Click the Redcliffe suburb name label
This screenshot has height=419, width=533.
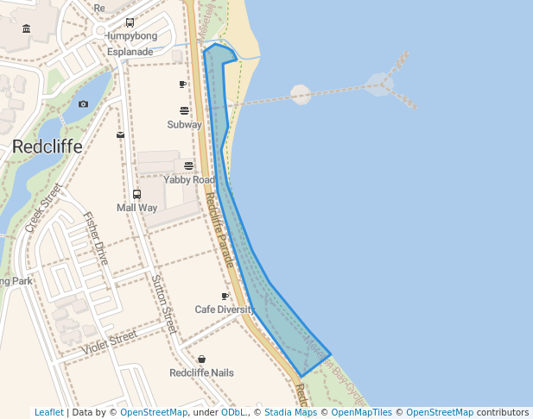coord(48,147)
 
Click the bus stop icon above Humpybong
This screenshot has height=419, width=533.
coord(130,23)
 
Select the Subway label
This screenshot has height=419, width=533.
coord(184,124)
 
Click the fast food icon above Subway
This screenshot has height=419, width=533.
coord(184,110)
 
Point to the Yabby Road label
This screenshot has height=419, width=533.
coord(189,179)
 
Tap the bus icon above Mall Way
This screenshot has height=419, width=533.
coord(136,194)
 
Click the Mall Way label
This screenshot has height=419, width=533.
coord(136,208)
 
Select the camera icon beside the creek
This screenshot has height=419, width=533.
coord(83,103)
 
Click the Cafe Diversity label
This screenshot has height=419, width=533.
coord(225,309)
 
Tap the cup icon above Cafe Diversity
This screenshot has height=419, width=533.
coord(225,296)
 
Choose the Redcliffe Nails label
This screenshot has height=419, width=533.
coord(201,372)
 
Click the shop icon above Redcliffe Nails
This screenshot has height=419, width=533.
coord(201,359)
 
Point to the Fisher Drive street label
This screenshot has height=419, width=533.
coord(96,238)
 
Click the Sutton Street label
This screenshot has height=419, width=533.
coord(163,303)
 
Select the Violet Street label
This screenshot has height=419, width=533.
coord(110,342)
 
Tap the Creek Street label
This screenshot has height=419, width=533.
coord(44,207)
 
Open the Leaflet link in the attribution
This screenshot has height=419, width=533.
coord(48,412)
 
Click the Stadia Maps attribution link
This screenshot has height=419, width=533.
coord(290,412)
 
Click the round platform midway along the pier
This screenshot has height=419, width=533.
coord(300,94)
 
